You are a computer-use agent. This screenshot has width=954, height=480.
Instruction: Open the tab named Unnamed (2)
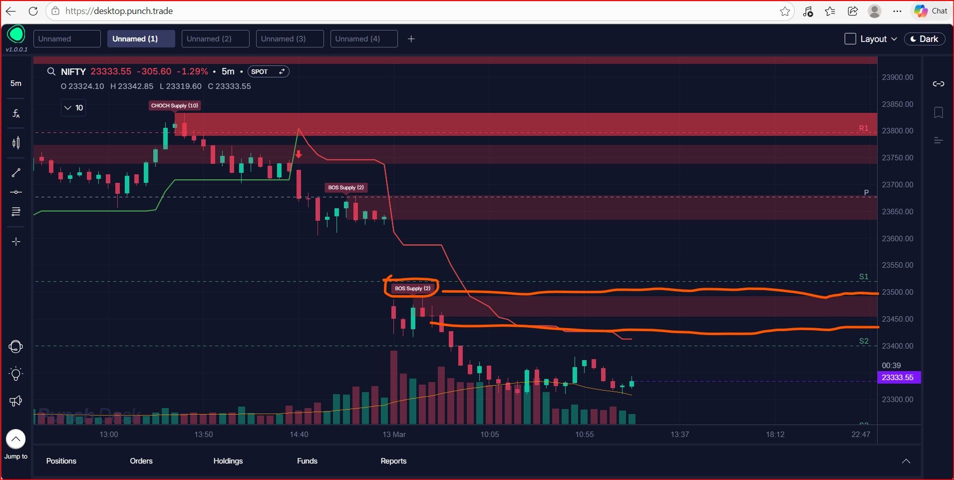(x=215, y=39)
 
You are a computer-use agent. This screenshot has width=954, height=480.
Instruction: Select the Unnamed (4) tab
(x=364, y=39)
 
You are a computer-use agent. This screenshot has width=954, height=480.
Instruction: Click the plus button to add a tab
(x=411, y=39)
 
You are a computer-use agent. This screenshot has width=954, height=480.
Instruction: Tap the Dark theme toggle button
(x=925, y=39)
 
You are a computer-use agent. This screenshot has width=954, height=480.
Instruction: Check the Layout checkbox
(x=850, y=39)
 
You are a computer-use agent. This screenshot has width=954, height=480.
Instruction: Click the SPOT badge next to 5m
(x=268, y=71)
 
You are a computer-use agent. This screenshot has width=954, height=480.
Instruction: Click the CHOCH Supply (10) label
(x=175, y=105)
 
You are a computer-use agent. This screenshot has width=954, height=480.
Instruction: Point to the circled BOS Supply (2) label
(x=412, y=288)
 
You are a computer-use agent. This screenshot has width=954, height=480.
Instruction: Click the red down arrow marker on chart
(x=299, y=154)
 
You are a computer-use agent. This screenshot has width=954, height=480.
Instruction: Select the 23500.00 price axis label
(x=897, y=292)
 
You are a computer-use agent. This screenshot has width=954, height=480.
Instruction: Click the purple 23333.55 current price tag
(x=898, y=378)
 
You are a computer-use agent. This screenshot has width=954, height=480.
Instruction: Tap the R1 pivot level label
(x=864, y=128)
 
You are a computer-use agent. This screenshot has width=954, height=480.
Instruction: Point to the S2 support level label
(x=864, y=341)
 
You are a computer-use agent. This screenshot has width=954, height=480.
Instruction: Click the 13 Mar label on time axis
(x=394, y=435)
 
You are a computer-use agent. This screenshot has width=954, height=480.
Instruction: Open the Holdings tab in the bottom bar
(x=228, y=461)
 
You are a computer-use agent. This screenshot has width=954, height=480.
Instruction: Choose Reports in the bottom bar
(x=393, y=461)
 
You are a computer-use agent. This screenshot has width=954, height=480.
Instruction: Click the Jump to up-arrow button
(x=16, y=439)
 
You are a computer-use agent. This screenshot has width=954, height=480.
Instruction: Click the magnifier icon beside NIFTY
(x=51, y=71)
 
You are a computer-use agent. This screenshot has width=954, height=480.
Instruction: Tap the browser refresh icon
(x=33, y=11)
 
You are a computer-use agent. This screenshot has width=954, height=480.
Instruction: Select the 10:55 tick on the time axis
(x=585, y=435)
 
